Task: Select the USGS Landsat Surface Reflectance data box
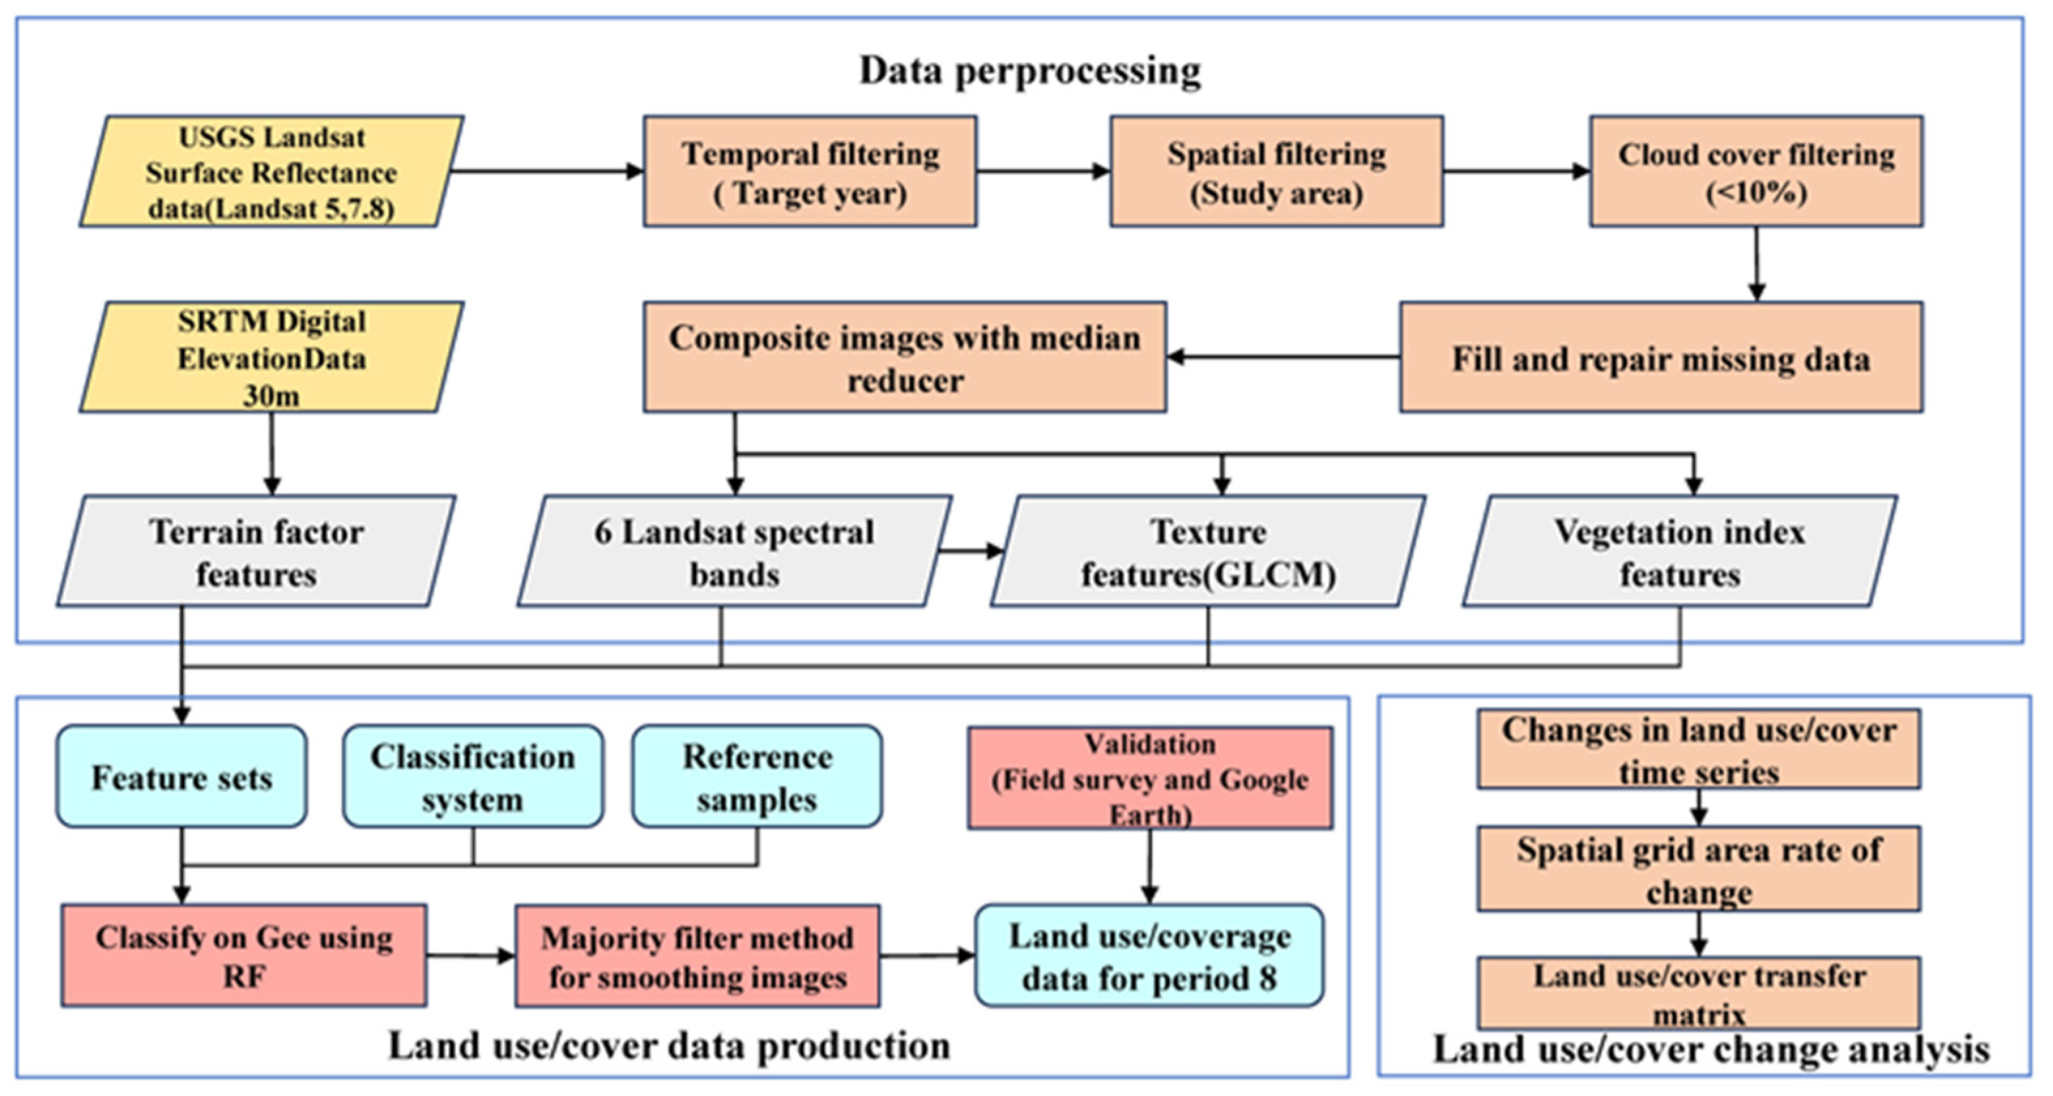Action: pos(271,172)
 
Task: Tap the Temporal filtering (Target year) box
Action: pos(810,172)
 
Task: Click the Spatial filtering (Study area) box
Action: pos(1276,172)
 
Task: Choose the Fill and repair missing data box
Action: pos(1661,358)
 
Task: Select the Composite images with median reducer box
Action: pos(904,358)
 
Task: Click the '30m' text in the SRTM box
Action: pos(271,396)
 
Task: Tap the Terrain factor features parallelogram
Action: pos(257,551)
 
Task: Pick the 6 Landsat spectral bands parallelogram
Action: pos(734,551)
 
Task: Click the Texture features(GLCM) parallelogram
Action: pos(1207,551)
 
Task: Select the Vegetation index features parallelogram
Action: pos(1679,551)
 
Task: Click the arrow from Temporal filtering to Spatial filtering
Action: pos(1042,171)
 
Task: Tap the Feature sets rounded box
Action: pos(182,777)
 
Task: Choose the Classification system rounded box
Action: pos(473,777)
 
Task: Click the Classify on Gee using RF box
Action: pos(244,955)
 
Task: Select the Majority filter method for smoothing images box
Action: pos(697,956)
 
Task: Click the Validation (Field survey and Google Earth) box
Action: pos(1150,778)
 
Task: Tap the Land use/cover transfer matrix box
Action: pos(1698,994)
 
